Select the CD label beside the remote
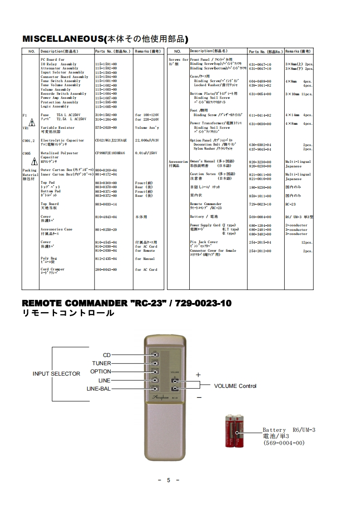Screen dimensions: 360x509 click(x=107, y=355)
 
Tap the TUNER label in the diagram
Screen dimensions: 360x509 click(x=102, y=363)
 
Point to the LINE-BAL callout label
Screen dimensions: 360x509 click(x=99, y=389)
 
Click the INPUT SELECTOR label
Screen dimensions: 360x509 click(x=56, y=374)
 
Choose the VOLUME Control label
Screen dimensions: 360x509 click(x=235, y=386)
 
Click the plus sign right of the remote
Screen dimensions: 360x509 click(x=198, y=375)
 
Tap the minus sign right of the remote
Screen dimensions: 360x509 click(x=199, y=397)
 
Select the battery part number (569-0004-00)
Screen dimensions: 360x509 click(x=284, y=443)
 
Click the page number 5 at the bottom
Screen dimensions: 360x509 click(x=168, y=480)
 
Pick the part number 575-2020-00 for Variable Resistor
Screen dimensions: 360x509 click(x=106, y=128)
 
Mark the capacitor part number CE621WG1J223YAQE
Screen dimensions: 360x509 click(x=111, y=141)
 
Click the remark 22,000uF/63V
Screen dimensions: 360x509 click(x=147, y=141)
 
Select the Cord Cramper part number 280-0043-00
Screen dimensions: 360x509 click(x=106, y=269)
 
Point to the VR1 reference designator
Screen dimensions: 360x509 click(x=25, y=128)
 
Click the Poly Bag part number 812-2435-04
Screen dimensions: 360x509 click(x=106, y=259)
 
